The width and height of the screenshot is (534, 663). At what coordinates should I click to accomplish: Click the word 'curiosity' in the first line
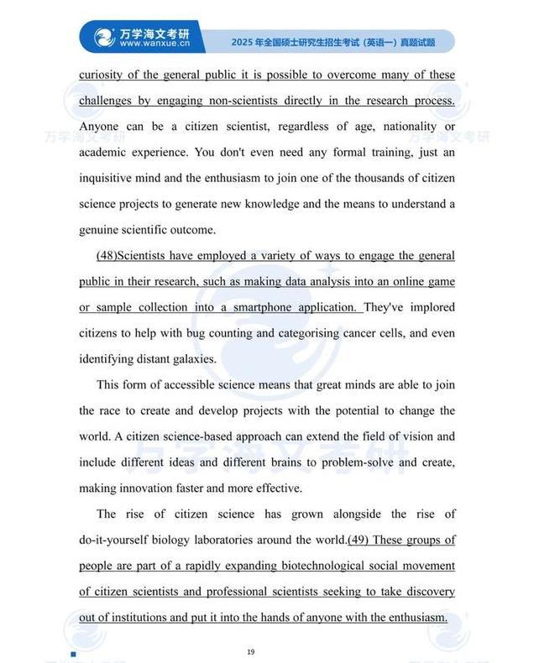[x=102, y=75]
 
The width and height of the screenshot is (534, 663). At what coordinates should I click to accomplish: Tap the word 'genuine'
[x=101, y=229]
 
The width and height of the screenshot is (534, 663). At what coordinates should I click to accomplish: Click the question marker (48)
[x=112, y=255]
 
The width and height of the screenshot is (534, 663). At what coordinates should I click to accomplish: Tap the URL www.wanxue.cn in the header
[x=154, y=44]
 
